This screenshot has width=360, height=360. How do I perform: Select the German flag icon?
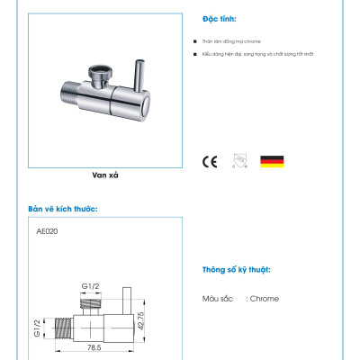(272, 161)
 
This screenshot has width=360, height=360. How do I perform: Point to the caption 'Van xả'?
(106, 176)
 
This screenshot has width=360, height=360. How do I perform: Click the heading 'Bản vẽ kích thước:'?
(63, 209)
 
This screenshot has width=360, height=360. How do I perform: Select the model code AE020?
(47, 230)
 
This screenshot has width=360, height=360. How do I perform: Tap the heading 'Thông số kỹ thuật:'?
(235, 270)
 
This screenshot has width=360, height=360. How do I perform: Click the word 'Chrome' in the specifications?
(264, 299)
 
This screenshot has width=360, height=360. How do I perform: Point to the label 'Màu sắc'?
(218, 299)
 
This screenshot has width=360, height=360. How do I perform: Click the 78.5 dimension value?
(93, 346)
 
